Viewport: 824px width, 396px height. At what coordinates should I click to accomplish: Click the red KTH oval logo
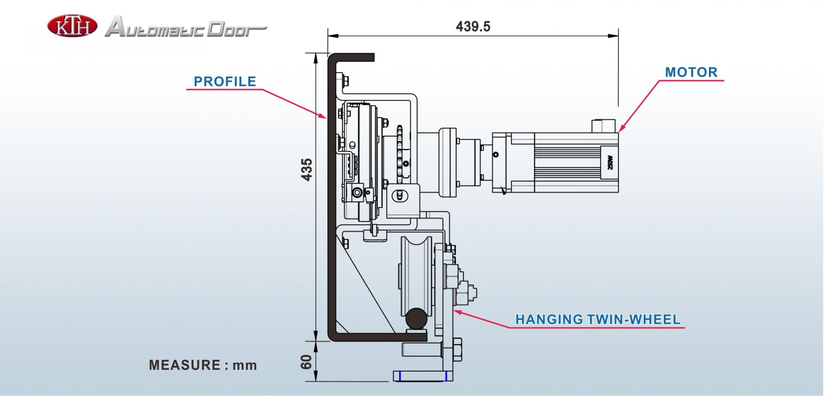pos(72,25)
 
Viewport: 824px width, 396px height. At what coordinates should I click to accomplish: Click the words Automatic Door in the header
pos(185,27)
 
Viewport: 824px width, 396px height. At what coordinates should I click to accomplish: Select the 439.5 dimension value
pos(473,27)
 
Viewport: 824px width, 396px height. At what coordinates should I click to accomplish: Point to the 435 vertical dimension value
pos(306,170)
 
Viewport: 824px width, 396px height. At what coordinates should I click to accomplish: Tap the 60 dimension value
pos(306,362)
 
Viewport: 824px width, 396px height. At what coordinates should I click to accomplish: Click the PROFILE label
pos(225,81)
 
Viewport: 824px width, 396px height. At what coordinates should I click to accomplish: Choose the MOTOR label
pos(691,72)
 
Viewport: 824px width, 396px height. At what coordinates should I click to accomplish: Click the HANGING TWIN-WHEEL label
pos(598,319)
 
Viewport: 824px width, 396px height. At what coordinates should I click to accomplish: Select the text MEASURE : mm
pos(203,365)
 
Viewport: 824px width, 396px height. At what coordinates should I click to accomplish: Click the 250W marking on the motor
pos(610,162)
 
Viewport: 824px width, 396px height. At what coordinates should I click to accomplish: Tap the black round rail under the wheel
pos(416,319)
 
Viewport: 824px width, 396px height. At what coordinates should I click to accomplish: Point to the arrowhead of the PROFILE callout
pos(324,116)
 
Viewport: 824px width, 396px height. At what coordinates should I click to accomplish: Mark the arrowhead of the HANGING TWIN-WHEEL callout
pos(457,312)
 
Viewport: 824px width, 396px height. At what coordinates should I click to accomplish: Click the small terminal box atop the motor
pos(603,126)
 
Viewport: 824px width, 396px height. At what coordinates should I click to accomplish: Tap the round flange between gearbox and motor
pos(447,162)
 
